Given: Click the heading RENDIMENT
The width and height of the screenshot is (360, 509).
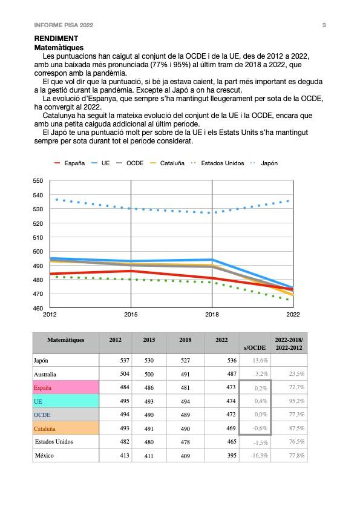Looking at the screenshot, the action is pos(56,39).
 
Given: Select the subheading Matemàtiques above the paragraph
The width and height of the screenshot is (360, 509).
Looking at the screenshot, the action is pos(59,48).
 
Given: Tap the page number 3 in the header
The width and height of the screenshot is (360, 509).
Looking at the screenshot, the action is pos(324,25).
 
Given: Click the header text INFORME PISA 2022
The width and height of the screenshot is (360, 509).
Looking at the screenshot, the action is pos(64,25).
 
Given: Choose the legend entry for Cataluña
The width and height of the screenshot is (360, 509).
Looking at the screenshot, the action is pos(167,163).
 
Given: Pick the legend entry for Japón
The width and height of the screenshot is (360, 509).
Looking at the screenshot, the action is pos(264,163).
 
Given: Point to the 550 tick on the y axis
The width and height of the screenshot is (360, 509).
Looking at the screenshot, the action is pos(38,180).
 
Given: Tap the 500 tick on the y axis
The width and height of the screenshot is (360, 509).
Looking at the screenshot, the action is pos(38,251).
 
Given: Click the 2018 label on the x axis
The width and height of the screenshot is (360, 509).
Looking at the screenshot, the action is pos(212,314).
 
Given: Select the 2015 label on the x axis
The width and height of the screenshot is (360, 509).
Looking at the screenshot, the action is pos(131,314).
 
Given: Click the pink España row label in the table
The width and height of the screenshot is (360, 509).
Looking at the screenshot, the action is pos(42,387).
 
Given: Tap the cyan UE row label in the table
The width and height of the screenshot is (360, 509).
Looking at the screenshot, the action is pos(38,401).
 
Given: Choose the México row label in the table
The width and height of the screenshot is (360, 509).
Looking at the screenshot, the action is pos(44,455).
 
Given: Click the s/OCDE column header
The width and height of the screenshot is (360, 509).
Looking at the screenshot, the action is pos(255,347).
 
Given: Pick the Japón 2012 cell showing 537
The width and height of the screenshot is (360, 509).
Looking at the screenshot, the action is pos(125,360).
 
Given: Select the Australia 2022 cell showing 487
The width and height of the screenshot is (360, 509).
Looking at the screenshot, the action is pos(232,373).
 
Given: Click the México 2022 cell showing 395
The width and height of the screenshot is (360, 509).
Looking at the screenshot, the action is pos(232,455).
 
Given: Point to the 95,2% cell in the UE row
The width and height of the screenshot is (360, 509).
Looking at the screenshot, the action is pos(296,401).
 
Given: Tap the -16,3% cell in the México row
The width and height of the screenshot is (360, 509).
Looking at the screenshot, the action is pos(260,456).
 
